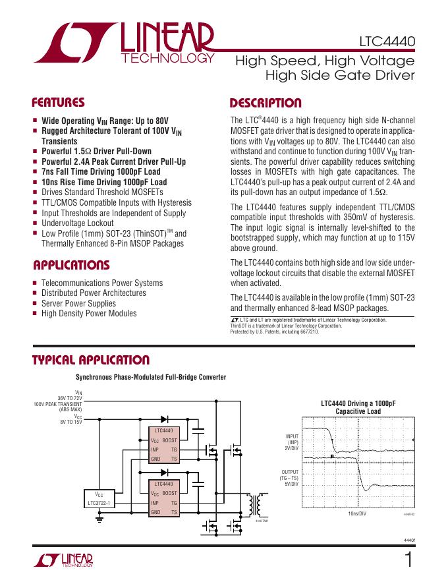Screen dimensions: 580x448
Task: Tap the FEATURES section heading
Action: coord(59,103)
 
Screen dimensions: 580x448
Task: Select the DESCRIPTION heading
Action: coord(265,103)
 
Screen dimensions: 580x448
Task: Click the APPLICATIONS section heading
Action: coord(71,266)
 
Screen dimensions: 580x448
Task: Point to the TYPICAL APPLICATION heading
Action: coord(91,361)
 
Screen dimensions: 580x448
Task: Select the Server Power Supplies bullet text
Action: coord(78,303)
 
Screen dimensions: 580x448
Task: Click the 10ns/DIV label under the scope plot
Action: coord(357,513)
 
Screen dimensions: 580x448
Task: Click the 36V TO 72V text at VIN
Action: coord(69,398)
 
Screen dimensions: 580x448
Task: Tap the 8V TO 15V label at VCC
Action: coord(71,421)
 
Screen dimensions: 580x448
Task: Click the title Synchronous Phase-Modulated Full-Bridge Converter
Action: coord(151,377)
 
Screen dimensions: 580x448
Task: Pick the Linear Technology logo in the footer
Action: coord(63,560)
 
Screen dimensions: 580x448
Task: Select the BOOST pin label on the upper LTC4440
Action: coord(169,440)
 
